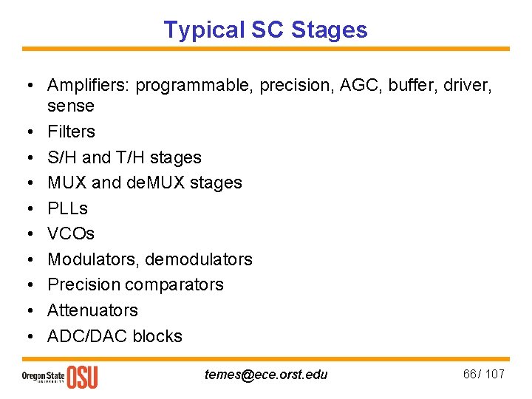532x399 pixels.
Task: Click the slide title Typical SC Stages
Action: [265, 30]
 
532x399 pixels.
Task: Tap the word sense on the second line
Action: [71, 106]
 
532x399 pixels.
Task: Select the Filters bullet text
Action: [71, 132]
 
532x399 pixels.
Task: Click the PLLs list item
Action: [67, 208]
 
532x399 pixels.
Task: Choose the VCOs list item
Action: [71, 233]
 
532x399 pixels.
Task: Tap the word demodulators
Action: [199, 259]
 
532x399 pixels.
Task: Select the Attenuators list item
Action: [92, 310]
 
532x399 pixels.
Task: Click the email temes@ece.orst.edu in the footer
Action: [266, 375]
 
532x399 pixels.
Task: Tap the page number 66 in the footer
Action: [470, 374]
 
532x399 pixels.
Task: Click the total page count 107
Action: [494, 374]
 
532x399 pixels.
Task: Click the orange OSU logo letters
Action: [82, 376]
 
